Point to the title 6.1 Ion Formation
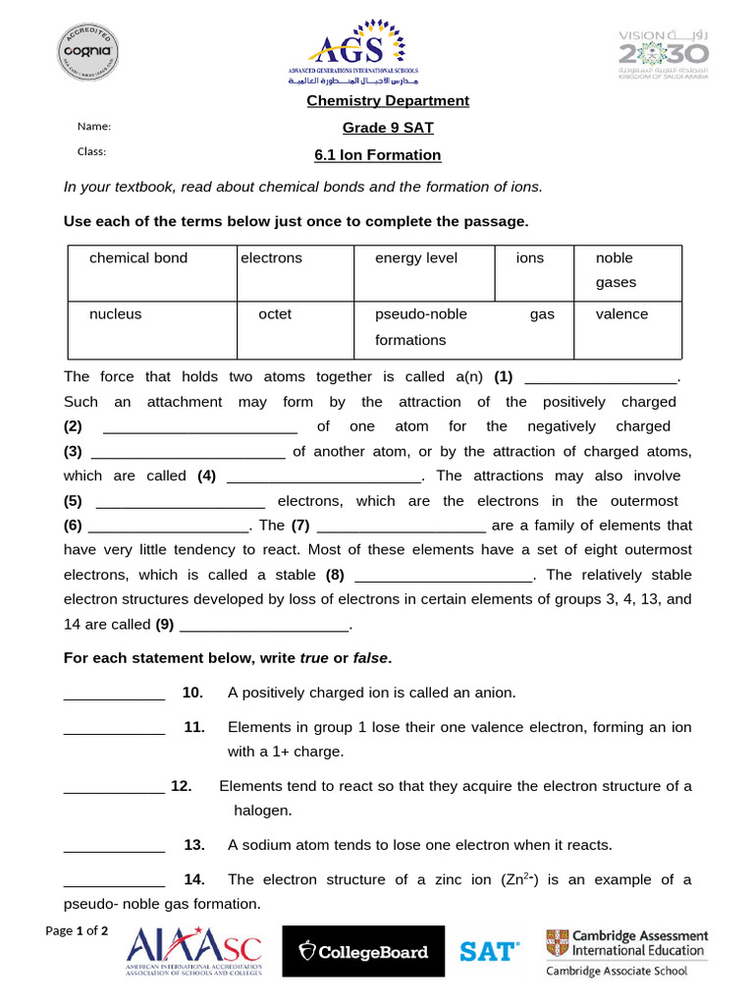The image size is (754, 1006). click(x=377, y=155)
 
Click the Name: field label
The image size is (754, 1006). click(x=94, y=127)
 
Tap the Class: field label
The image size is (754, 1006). click(x=91, y=151)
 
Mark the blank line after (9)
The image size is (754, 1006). click(x=265, y=626)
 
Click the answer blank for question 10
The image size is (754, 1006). click(x=114, y=695)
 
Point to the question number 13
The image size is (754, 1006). click(x=193, y=845)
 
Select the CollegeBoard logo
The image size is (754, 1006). click(x=363, y=951)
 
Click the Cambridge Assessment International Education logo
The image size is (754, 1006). click(x=626, y=952)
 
